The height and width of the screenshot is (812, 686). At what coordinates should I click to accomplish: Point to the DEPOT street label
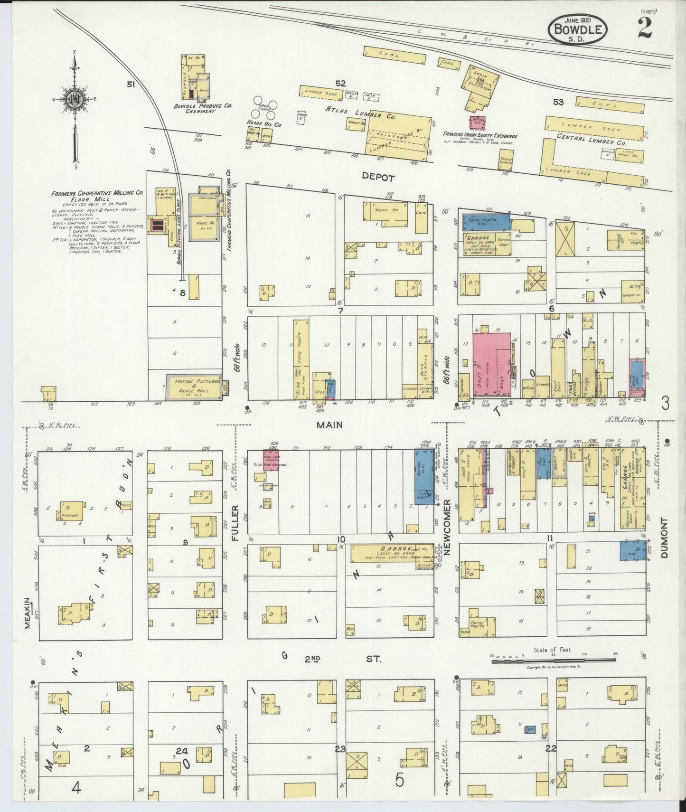(378, 178)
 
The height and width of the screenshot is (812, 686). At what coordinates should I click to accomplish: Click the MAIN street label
(329, 425)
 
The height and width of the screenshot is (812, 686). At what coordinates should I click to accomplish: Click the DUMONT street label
(663, 538)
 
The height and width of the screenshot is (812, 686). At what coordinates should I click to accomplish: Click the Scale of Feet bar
(554, 660)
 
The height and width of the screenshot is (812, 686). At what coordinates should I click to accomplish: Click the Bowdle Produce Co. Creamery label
(202, 108)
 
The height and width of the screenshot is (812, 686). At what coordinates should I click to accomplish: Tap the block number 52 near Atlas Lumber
(340, 84)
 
